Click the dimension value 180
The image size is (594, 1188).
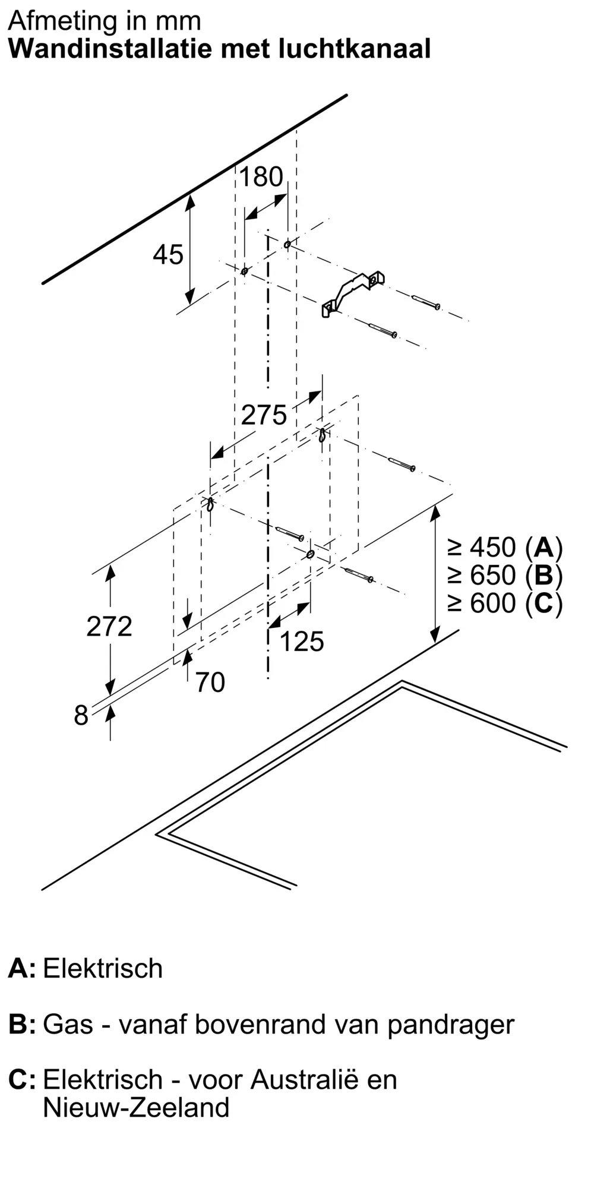click(261, 177)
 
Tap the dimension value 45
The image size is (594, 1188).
click(168, 255)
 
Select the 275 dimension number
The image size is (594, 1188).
click(264, 415)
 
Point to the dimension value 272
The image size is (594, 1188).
click(109, 627)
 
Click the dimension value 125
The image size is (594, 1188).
click(302, 642)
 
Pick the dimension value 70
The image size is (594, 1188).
click(210, 683)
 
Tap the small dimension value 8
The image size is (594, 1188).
click(81, 716)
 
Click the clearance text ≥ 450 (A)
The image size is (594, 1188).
click(505, 547)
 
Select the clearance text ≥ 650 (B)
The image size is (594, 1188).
click(505, 575)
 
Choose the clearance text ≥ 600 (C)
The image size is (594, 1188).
click(505, 604)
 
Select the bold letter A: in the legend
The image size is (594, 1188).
click(22, 969)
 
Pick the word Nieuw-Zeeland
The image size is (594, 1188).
click(137, 1108)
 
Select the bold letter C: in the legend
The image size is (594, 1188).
click(22, 1080)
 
